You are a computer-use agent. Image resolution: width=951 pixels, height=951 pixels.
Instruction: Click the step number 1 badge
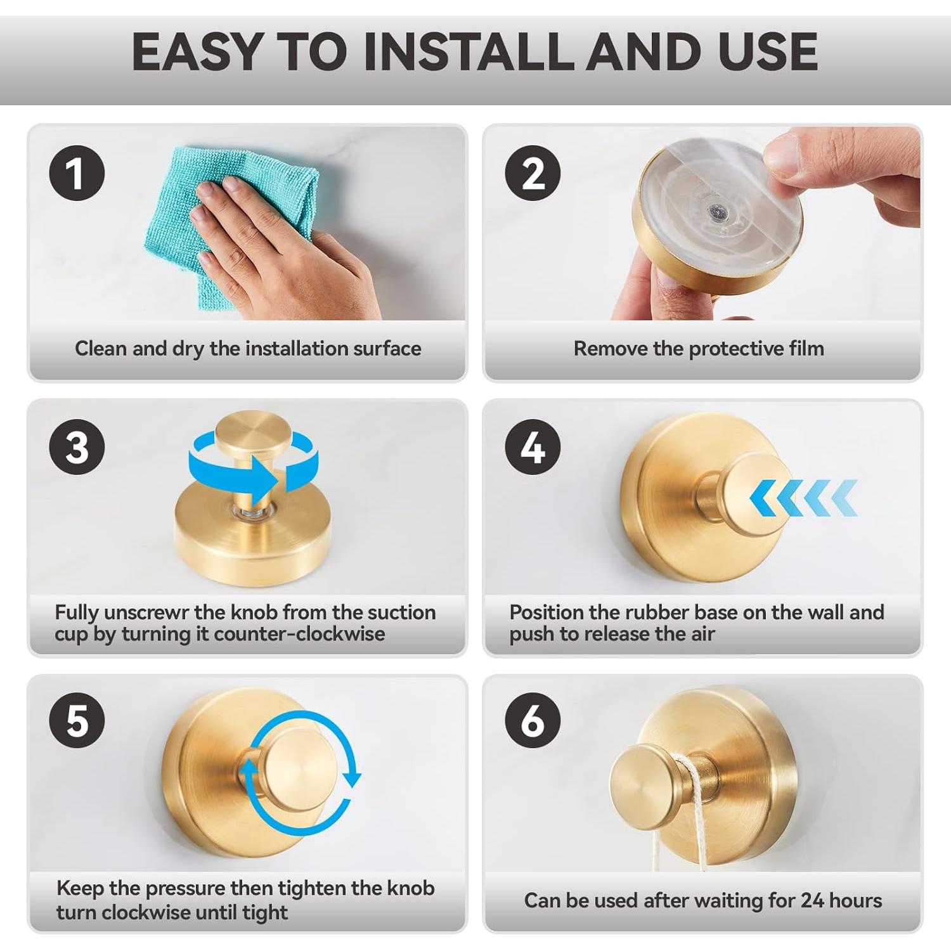pos(77,173)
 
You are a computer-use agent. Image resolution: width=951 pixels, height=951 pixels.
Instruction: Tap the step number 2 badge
pos(533,173)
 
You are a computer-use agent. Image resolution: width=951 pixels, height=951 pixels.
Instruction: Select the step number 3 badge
pos(77,447)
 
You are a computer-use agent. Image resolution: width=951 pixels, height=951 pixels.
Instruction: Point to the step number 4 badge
pos(533,447)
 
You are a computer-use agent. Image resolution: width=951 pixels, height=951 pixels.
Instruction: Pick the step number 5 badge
pos(77,720)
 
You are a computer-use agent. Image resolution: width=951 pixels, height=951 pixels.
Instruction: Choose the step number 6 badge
pos(533,720)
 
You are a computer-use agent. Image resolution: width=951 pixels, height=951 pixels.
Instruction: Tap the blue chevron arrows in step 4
pos(803,498)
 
